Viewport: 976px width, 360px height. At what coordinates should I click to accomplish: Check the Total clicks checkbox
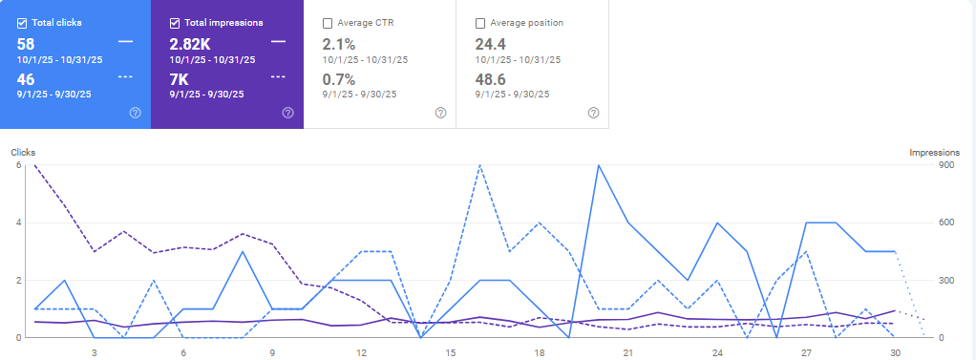(22, 22)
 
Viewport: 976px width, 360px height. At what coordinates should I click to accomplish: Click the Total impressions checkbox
(175, 22)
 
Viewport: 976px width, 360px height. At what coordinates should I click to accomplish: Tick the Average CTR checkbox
(328, 22)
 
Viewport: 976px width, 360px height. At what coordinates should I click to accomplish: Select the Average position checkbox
(480, 22)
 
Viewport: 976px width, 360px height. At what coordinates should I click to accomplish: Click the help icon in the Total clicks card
(135, 113)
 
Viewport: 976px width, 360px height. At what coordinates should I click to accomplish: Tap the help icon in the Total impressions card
(287, 113)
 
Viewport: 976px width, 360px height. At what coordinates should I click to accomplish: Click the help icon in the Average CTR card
(440, 113)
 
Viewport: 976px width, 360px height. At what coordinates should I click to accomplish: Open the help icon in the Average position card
(593, 113)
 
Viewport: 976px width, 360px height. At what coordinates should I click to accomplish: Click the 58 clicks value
(26, 43)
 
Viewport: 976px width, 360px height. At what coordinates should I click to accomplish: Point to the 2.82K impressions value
(190, 43)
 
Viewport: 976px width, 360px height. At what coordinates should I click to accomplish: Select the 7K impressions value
(180, 78)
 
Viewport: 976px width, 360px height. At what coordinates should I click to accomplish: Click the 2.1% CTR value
(339, 43)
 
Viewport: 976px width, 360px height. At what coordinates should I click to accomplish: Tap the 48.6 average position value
(492, 78)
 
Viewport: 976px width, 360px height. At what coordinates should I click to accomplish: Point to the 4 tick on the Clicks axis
(17, 222)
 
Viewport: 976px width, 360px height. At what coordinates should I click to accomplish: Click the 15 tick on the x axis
(450, 352)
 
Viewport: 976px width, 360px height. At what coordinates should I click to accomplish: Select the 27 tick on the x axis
(806, 352)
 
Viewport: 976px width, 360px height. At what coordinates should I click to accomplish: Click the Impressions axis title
(934, 153)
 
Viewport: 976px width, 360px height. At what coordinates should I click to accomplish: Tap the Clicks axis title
(22, 153)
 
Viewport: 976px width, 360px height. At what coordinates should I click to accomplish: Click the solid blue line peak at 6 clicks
(598, 165)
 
